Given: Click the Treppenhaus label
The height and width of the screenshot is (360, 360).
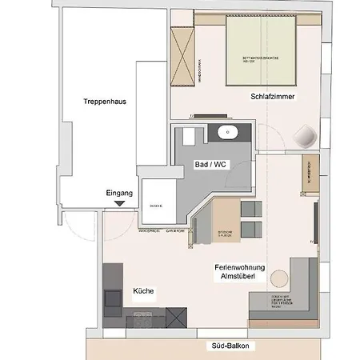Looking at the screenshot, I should (x=104, y=102).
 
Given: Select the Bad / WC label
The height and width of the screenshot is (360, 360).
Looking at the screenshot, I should (x=211, y=163).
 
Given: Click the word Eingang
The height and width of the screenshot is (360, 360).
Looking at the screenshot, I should (x=119, y=193).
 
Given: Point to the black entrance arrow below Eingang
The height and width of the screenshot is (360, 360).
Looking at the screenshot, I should (x=119, y=204).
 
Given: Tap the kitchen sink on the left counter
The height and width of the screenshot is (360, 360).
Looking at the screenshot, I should (x=113, y=299).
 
